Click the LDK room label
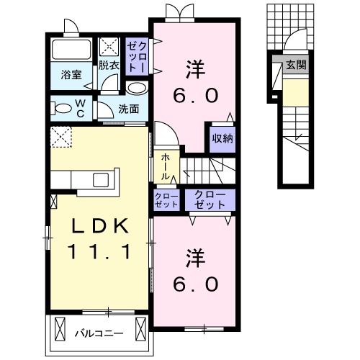(x=99, y=226)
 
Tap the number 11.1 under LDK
(x=99, y=252)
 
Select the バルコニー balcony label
(x=99, y=333)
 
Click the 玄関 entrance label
(x=295, y=65)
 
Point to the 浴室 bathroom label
(x=70, y=74)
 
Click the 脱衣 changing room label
(x=109, y=64)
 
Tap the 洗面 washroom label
(x=130, y=109)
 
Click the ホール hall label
(x=165, y=165)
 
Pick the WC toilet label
(x=81, y=109)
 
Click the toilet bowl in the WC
(x=61, y=109)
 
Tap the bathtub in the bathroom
(x=71, y=51)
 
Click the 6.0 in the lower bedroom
(x=194, y=284)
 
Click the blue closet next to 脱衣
(x=137, y=54)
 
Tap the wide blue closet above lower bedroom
(x=210, y=199)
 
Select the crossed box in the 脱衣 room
(x=110, y=47)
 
